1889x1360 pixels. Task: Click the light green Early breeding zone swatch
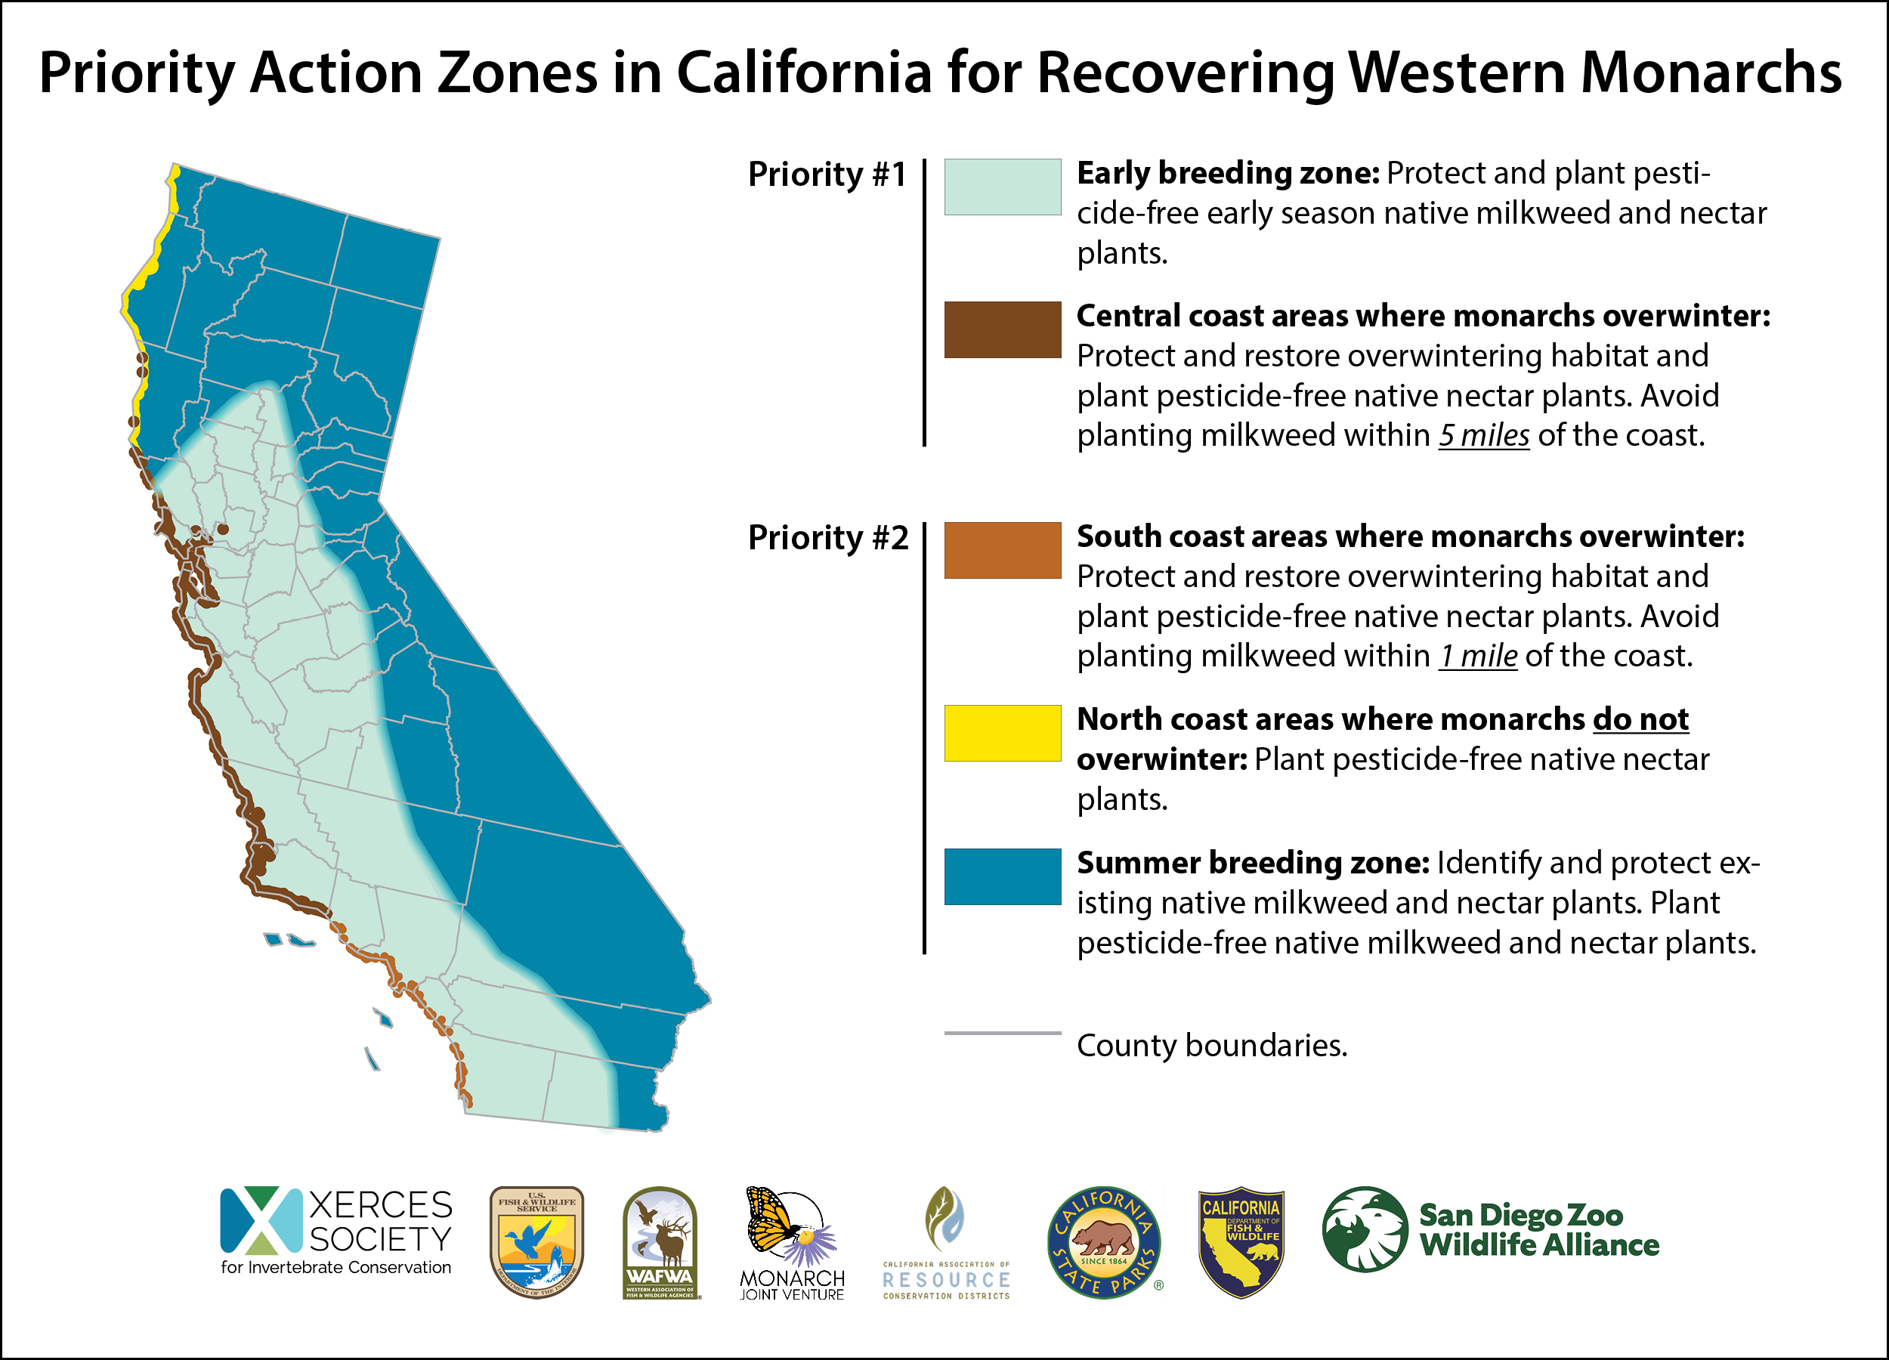(1002, 187)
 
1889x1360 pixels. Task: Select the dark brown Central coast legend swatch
(1002, 329)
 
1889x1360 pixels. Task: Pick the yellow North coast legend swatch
(1002, 733)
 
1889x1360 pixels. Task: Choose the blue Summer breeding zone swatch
(1002, 876)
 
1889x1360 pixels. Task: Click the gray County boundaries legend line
(1002, 1034)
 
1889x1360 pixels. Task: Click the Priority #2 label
(827, 537)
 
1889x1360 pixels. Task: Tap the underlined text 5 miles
(1483, 435)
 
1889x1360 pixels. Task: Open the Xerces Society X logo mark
(261, 1220)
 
